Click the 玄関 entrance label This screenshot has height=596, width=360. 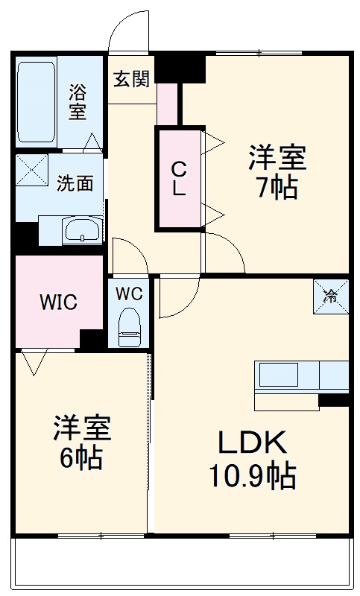point(131,79)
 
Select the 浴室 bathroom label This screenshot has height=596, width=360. point(78,103)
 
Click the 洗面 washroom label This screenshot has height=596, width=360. point(75,183)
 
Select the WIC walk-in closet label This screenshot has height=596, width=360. point(58,302)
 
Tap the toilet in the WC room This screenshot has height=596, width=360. point(129,326)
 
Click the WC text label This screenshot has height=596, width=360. point(129,292)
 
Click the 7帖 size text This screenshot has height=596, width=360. point(277,189)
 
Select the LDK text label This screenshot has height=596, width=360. point(251,444)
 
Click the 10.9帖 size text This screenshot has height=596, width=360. point(251,475)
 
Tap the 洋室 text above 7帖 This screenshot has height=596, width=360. point(277,158)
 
